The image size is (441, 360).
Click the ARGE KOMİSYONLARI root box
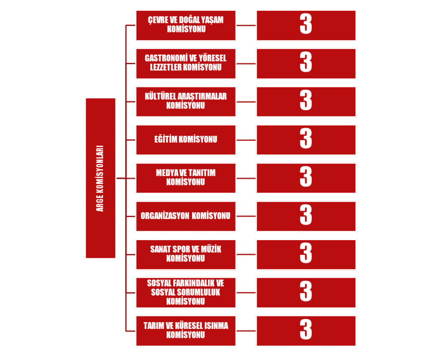coord(100,178)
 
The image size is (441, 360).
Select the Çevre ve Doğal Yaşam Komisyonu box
coord(186,25)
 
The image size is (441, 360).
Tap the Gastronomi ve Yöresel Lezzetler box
coord(186,63)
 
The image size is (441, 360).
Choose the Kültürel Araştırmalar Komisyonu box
coord(186,102)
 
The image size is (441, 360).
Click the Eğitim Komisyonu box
coord(186,140)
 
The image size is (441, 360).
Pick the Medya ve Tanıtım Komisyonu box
coord(186,178)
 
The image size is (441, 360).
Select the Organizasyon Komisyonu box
coord(186,216)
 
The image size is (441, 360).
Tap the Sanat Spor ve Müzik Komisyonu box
coord(186,254)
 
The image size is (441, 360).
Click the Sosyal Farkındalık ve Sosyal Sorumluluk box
coord(186,292)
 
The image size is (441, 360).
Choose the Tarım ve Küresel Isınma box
coord(186,331)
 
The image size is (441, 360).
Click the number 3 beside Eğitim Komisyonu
coord(306,140)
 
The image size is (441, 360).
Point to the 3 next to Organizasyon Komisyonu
coord(306,216)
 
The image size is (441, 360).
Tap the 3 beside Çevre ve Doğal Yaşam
coord(306,25)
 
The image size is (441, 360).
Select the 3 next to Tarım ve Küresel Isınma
coord(306,331)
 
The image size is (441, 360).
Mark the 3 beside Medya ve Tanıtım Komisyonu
coord(306,178)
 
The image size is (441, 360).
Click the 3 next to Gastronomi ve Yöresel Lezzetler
coord(306,63)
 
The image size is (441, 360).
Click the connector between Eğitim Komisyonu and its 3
coord(246,140)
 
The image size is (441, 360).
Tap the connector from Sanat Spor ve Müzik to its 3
coord(246,254)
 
